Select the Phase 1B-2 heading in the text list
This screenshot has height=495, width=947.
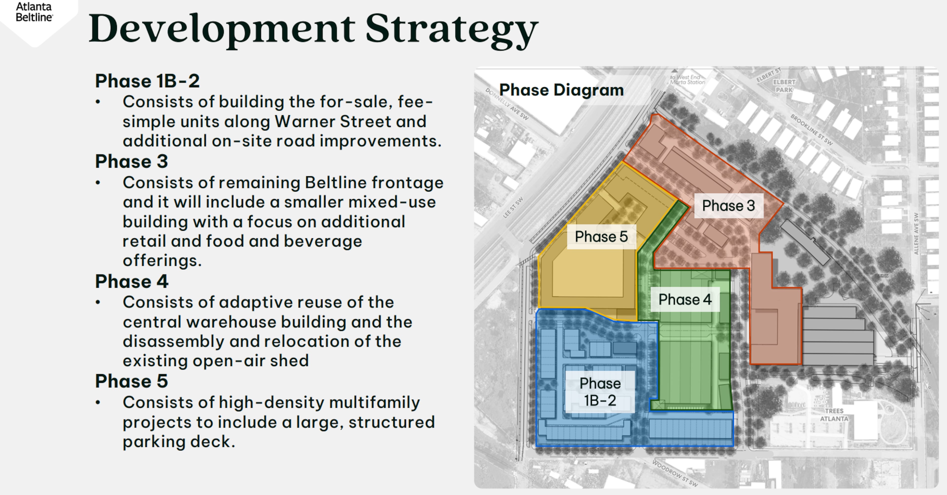click(147, 81)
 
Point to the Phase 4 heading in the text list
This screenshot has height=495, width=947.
click(131, 282)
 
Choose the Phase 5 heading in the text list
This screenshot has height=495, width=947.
click(131, 381)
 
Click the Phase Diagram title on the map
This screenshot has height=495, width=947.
click(561, 90)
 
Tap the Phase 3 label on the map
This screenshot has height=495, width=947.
click(728, 206)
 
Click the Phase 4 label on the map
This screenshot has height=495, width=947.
click(685, 300)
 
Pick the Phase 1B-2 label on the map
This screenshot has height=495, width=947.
click(600, 392)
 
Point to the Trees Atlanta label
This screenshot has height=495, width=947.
click(834, 415)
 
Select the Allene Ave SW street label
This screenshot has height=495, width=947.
click(916, 234)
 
